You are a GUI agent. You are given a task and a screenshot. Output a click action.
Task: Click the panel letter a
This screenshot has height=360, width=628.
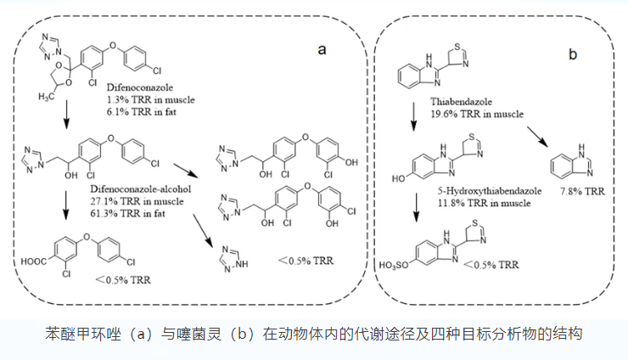click(322, 50)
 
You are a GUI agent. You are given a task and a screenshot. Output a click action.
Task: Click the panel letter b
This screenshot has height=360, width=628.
click(573, 53)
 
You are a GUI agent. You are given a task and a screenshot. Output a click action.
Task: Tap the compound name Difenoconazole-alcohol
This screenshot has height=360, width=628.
click(141, 188)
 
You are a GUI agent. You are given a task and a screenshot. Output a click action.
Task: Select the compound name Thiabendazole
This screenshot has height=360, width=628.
click(461, 102)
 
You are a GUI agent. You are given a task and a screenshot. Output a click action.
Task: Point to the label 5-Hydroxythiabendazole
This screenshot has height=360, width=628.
click(490, 191)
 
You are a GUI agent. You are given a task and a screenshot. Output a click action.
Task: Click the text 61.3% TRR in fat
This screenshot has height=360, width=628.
click(127, 213)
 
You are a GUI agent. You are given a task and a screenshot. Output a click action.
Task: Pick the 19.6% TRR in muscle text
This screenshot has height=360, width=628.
click(477, 114)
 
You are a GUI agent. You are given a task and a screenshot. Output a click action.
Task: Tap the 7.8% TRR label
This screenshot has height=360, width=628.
click(582, 191)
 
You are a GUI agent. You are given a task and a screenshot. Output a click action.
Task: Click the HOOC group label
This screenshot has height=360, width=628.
click(34, 262)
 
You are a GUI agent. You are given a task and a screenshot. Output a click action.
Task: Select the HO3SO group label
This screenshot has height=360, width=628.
click(394, 266)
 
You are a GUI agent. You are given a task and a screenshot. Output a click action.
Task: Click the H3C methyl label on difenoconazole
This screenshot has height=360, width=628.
click(46, 97)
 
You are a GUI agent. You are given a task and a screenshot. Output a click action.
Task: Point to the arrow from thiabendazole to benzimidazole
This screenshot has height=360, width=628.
click(536, 137)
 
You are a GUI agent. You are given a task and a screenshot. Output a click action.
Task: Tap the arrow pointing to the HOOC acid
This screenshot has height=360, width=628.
click(65, 205)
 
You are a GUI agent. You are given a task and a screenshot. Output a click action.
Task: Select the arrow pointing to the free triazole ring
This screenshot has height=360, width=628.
click(202, 231)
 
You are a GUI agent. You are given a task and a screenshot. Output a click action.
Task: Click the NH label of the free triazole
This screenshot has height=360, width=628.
click(242, 264)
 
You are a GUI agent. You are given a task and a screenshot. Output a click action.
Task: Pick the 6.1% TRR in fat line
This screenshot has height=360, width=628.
click(141, 112)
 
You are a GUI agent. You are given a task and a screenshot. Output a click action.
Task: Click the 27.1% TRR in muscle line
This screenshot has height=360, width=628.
click(137, 201)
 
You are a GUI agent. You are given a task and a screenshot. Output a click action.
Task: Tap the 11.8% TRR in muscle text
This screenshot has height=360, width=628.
click(484, 203)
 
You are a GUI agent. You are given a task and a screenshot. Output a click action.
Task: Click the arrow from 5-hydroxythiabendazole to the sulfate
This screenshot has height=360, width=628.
click(417, 207)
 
